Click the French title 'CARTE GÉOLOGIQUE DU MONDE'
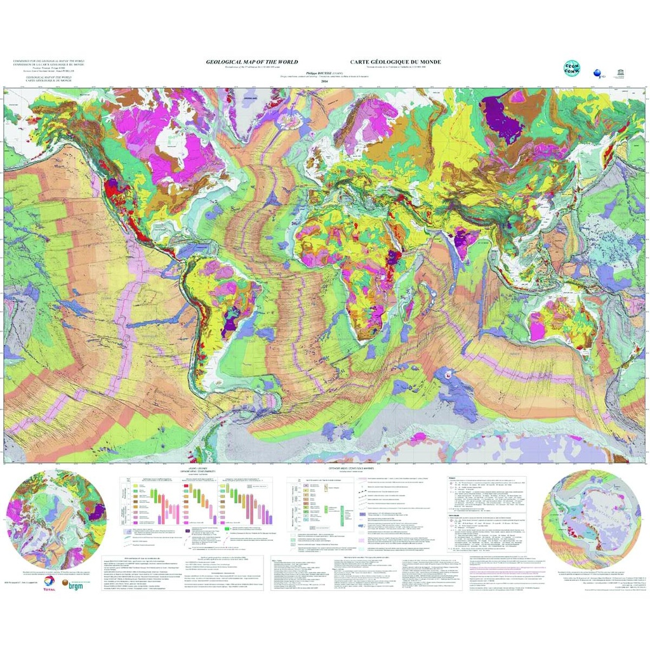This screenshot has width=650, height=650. pos(395,62)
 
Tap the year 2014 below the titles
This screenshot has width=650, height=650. pos(325,81)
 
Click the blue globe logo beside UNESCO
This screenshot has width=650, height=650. pos(597,74)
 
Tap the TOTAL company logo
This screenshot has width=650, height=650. pos(49,585)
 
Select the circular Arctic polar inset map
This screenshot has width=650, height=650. pos(56,519)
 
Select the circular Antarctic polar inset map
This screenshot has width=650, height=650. pos(592,519)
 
